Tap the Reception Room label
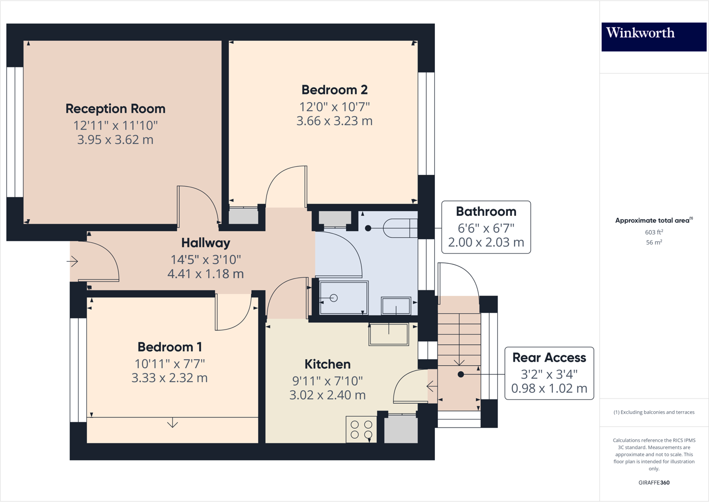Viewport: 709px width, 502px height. click(x=115, y=109)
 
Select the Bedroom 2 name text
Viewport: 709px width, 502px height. click(x=334, y=90)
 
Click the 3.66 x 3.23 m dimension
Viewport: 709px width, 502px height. click(x=334, y=121)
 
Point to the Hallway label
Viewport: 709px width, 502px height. click(x=206, y=243)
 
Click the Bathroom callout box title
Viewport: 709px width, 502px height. click(x=486, y=211)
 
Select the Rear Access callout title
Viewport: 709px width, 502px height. click(x=549, y=357)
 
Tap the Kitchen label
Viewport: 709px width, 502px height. click(x=327, y=364)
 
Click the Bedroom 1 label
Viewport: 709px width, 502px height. click(x=169, y=347)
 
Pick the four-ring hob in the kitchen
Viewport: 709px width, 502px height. click(x=361, y=430)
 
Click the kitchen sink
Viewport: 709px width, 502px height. click(x=389, y=334)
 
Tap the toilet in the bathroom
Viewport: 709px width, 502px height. click(x=400, y=228)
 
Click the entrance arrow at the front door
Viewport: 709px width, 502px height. click(x=72, y=262)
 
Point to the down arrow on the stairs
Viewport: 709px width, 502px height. click(x=459, y=362)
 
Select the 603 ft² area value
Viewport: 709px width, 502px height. click(x=654, y=232)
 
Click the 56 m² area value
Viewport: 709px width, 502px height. click(x=654, y=242)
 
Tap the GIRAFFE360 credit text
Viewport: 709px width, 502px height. click(x=654, y=483)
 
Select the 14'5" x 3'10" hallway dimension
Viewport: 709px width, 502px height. click(x=206, y=259)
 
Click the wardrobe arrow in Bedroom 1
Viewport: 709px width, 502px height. click(x=173, y=423)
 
